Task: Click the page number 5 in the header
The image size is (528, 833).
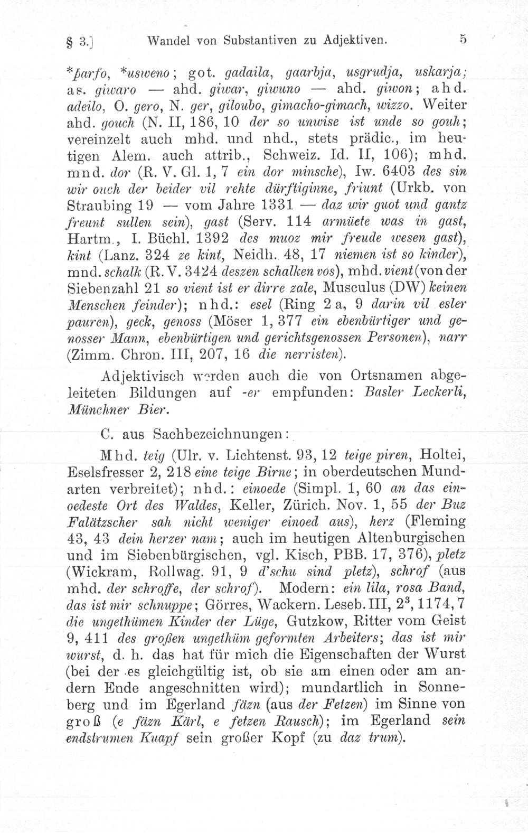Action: (463, 39)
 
